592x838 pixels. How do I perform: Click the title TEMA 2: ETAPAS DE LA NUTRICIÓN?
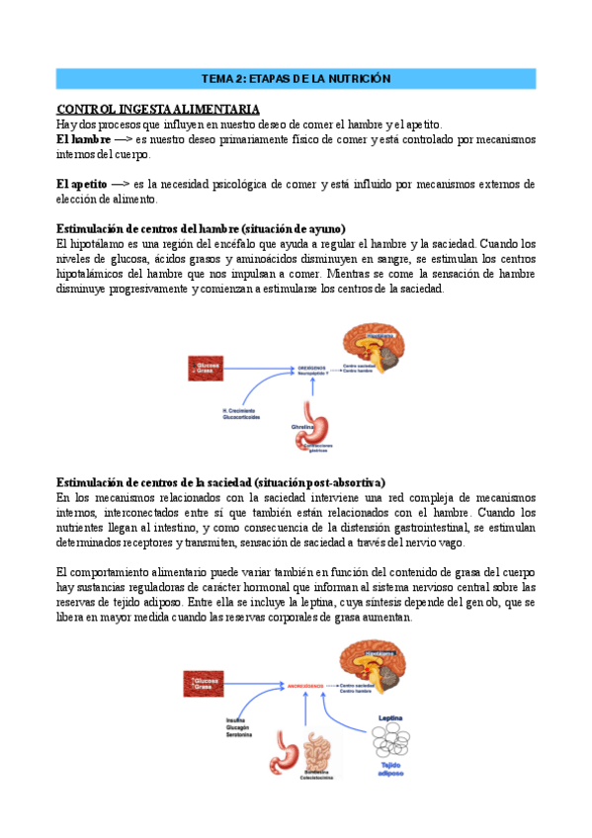pyautogui.click(x=296, y=78)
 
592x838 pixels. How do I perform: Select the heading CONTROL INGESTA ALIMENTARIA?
pyautogui.click(x=158, y=108)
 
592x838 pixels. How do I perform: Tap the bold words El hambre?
pyautogui.click(x=82, y=139)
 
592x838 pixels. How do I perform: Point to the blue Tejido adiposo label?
pyautogui.click(x=390, y=768)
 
